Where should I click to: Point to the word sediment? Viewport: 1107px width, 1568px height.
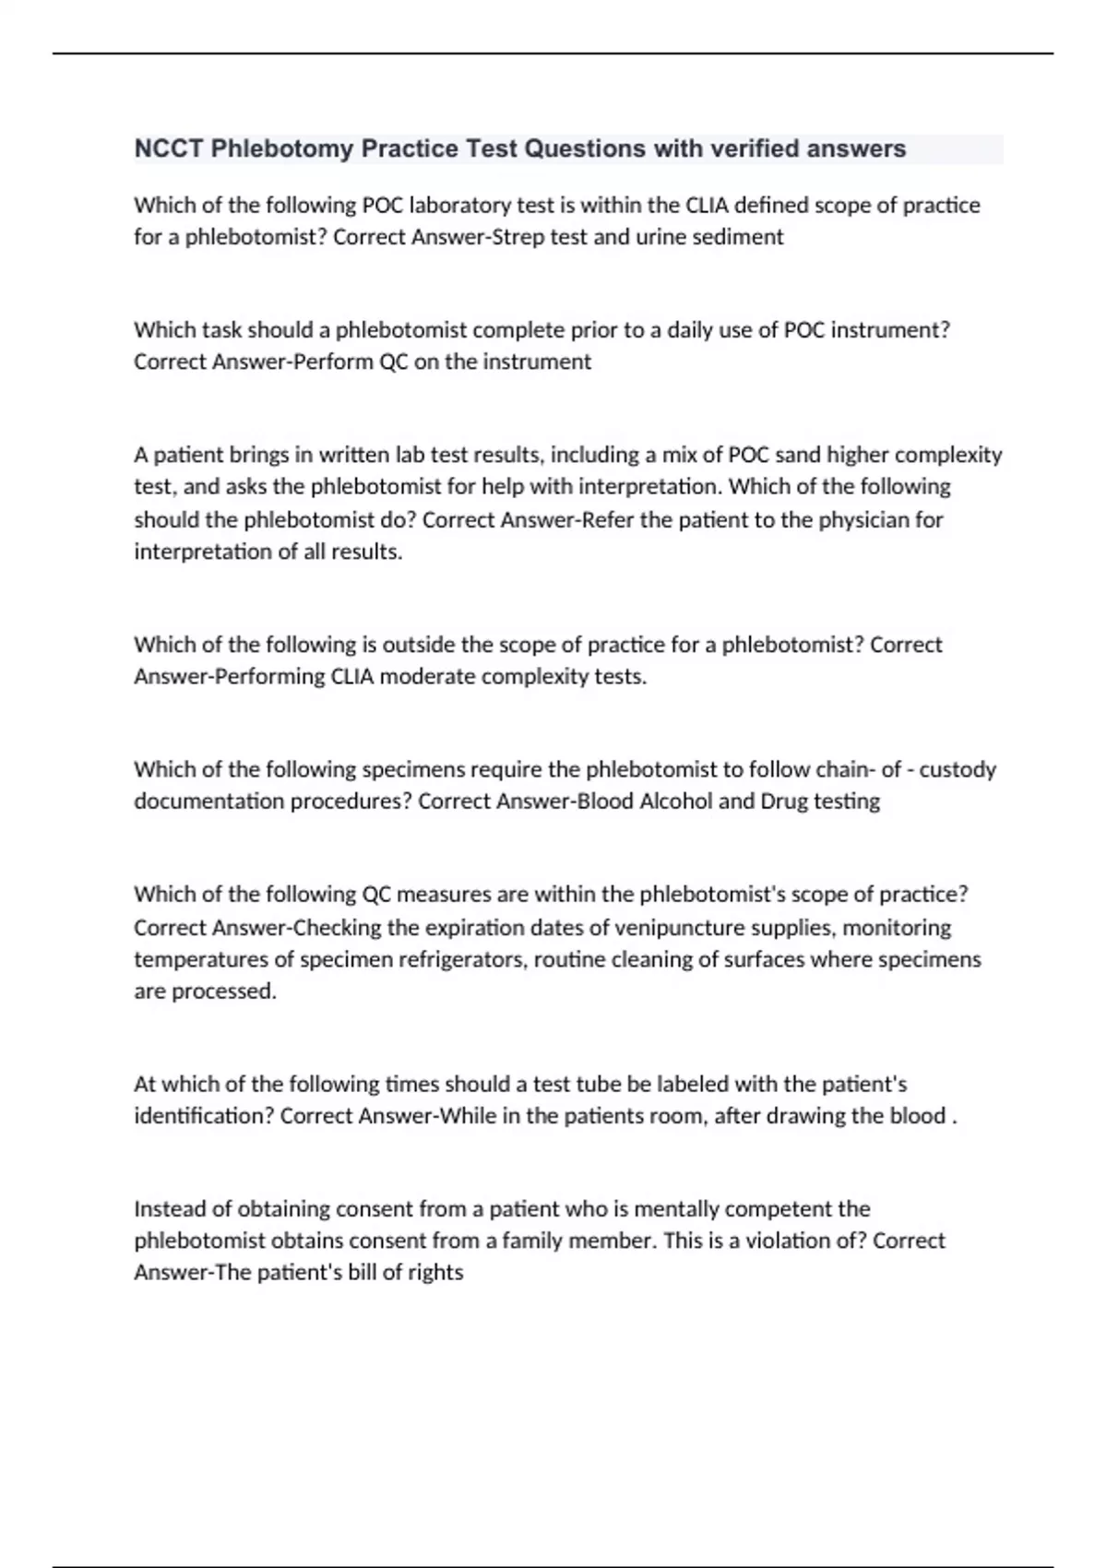pyautogui.click(x=735, y=237)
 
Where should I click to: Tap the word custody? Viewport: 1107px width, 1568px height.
pyautogui.click(x=958, y=769)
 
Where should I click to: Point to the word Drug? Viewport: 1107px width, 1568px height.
pyautogui.click(x=784, y=801)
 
